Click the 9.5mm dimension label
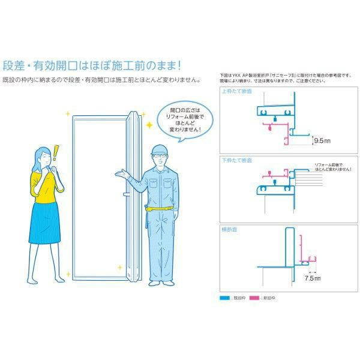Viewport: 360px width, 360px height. (323, 141)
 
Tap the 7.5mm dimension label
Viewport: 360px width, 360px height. (312, 278)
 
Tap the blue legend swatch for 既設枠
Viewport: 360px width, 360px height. (225, 297)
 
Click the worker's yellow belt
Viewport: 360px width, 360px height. (160, 208)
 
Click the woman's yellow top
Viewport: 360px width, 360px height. (44, 184)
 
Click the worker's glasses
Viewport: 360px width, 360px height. (158, 158)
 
